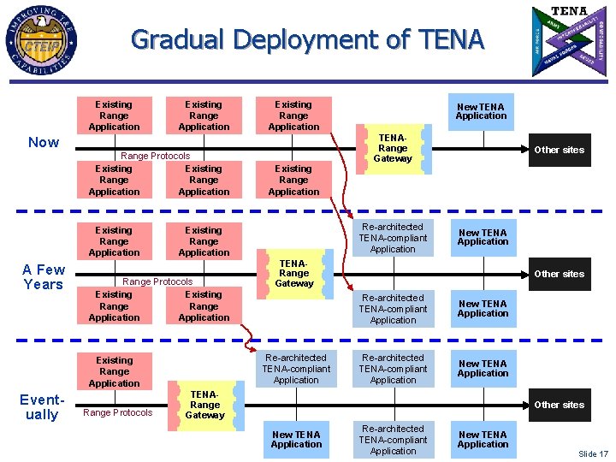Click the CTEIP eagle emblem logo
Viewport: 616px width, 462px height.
coord(40,39)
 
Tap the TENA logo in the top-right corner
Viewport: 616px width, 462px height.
coord(569,40)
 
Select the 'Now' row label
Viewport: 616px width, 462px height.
coord(44,142)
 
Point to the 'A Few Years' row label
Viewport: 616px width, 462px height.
coord(44,277)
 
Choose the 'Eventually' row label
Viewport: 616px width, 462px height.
coord(42,407)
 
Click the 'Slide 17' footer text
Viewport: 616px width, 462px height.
coord(593,453)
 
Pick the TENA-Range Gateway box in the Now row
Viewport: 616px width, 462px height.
coord(393,148)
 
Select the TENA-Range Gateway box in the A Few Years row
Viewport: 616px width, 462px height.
coord(294,274)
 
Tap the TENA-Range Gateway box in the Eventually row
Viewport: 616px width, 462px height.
coord(205,405)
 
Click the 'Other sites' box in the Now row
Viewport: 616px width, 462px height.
coord(559,150)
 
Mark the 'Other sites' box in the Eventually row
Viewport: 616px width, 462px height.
coord(559,405)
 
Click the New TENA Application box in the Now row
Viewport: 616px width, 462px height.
coord(481,111)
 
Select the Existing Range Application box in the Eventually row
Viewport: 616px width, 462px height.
coord(115,372)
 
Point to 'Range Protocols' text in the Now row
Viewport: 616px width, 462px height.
coord(156,156)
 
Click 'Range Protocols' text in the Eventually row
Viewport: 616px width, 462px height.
coord(117,412)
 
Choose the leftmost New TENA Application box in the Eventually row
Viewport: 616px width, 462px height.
coord(296,439)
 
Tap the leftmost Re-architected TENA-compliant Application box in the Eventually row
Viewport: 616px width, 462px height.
coord(296,369)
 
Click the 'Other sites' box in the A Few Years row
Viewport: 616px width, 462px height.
coord(559,274)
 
